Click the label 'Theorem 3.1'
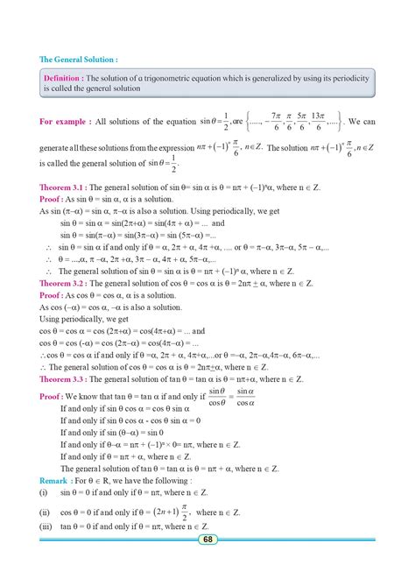63,187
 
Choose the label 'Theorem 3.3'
63,378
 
